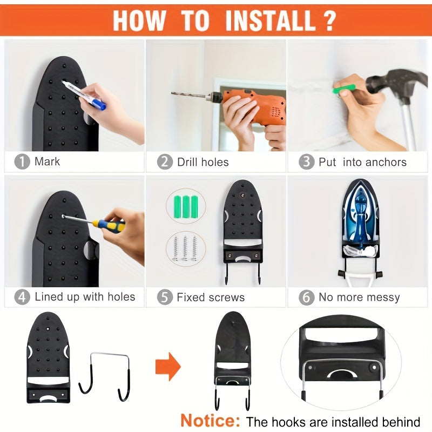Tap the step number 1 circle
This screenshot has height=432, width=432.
click(x=22, y=161)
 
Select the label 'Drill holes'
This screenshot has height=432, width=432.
click(x=202, y=162)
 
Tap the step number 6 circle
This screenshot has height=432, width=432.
click(x=307, y=297)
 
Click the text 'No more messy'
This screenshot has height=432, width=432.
click(x=359, y=297)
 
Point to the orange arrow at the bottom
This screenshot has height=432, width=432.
click(x=167, y=366)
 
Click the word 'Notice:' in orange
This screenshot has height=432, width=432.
click(x=211, y=420)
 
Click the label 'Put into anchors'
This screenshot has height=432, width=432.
click(x=362, y=162)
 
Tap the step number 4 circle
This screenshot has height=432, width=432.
click(x=22, y=296)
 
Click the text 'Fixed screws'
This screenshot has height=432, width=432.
click(x=211, y=297)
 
